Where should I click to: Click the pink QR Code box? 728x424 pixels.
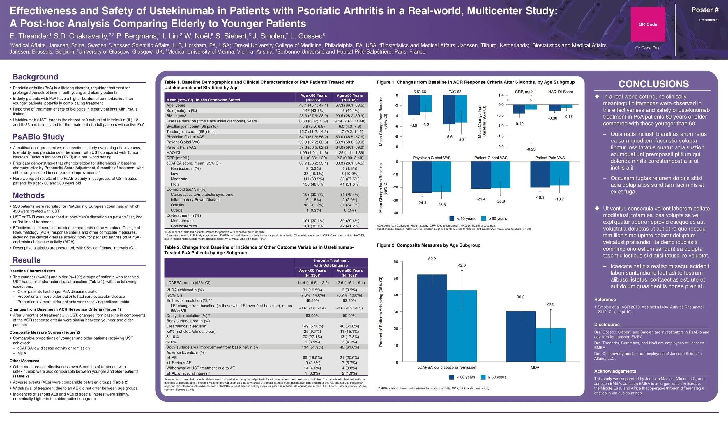pyautogui.click(x=648, y=24)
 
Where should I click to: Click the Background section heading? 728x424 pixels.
pyautogui.click(x=35, y=77)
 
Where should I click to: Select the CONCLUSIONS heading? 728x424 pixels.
pyautogui.click(x=653, y=84)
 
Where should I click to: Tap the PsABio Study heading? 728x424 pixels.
pyautogui.click(x=38, y=137)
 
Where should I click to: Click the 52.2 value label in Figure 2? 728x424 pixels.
pyautogui.click(x=432, y=259)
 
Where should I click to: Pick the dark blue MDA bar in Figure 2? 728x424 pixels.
pyautogui.click(x=521, y=336)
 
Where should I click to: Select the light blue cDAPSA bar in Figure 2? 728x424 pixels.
pyautogui.click(x=462, y=326)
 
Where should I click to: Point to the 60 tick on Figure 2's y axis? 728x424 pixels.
pyautogui.click(x=396, y=262)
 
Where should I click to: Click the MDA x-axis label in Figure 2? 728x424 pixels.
pyautogui.click(x=535, y=368)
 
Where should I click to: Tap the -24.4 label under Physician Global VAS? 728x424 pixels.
pyautogui.click(x=422, y=203)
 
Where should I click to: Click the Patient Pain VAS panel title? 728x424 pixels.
pyautogui.click(x=550, y=158)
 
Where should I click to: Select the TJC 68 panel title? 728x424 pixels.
pyautogui.click(x=455, y=92)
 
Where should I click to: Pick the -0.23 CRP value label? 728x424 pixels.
pyautogui.click(x=531, y=149)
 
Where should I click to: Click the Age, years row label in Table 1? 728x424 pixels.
pyautogui.click(x=176, y=105)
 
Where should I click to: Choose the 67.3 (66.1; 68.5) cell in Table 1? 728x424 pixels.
pyautogui.click(x=350, y=105)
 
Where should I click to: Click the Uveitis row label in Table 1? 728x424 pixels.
pyautogui.click(x=176, y=210)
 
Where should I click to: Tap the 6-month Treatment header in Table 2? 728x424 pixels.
pyautogui.click(x=331, y=261)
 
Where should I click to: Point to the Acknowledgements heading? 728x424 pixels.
pyautogui.click(x=615, y=371)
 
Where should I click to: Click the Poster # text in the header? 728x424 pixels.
pyautogui.click(x=705, y=10)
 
